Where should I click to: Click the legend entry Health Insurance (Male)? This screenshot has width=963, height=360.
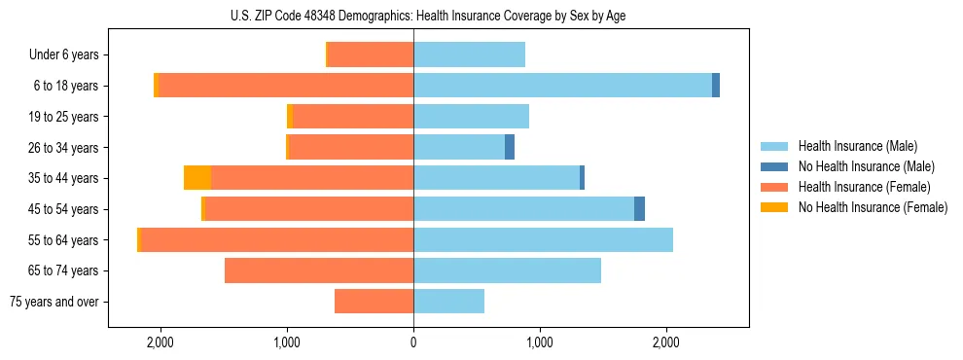point(857,146)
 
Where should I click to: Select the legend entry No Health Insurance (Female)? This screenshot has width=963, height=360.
point(873,207)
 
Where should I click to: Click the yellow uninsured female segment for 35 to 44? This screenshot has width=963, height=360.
point(197,178)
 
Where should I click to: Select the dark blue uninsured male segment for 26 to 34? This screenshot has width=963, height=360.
point(510,147)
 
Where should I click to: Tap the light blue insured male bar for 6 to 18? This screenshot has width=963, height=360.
point(562,86)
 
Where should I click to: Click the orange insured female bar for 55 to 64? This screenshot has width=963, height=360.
point(277,239)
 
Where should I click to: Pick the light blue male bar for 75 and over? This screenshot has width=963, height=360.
point(448,302)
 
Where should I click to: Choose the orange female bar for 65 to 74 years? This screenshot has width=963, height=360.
point(319,270)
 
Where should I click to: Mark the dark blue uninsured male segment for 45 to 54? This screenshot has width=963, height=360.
point(639,209)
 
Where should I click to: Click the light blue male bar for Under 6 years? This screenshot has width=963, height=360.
point(469,54)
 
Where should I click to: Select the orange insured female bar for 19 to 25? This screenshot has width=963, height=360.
point(353,117)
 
